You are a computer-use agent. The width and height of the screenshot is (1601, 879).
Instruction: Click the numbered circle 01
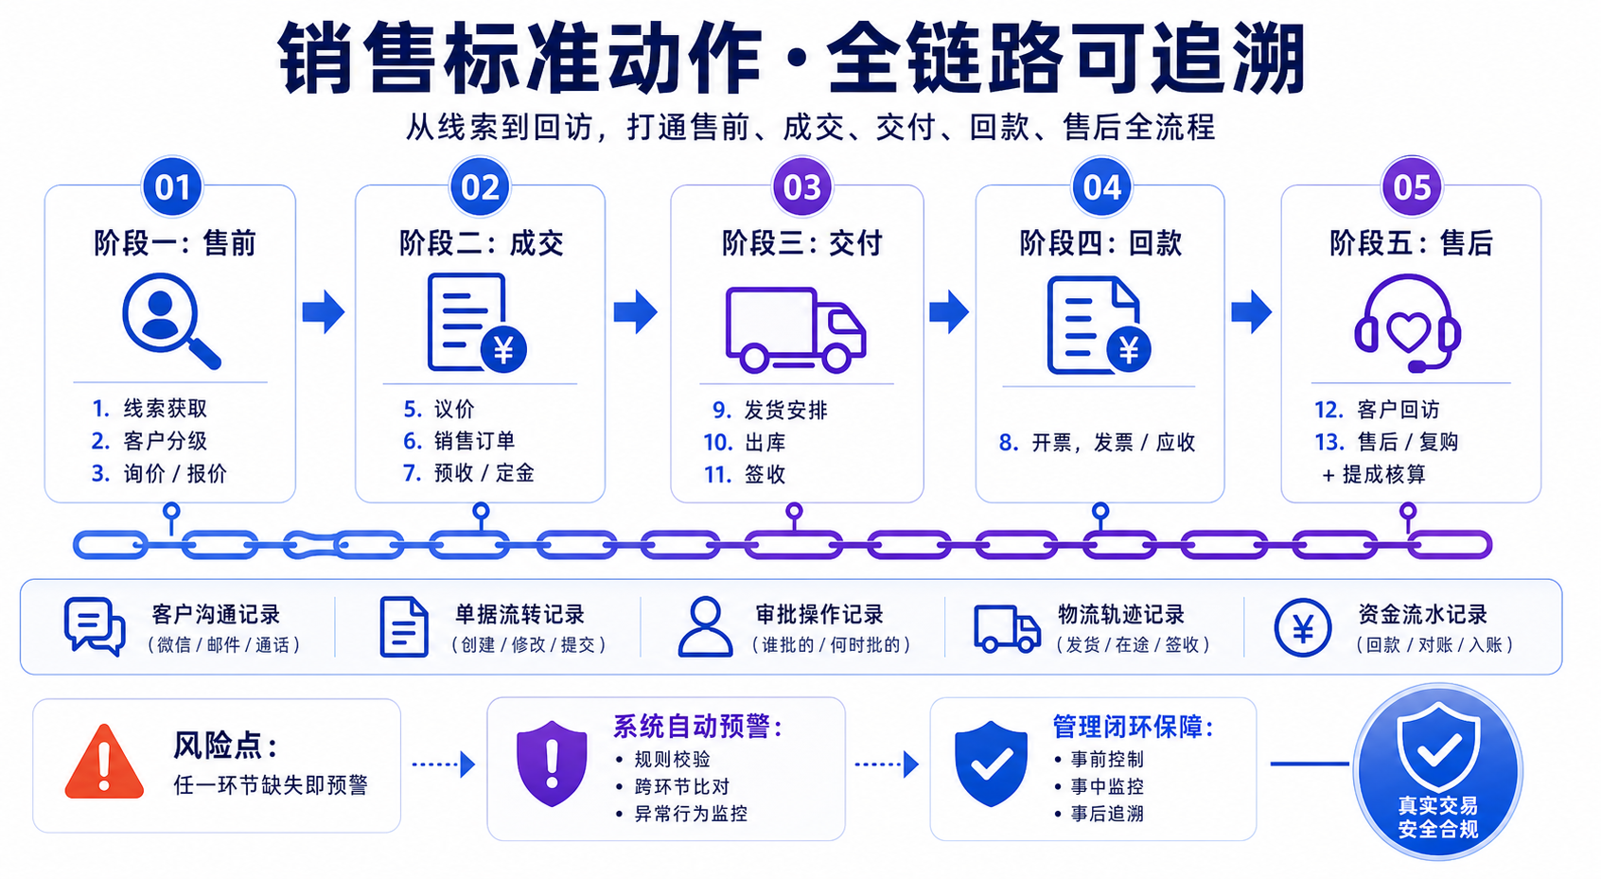pyautogui.click(x=172, y=187)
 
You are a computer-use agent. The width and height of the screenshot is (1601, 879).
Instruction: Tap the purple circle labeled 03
pyautogui.click(x=802, y=187)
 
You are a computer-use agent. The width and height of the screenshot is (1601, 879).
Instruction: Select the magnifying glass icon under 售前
pyautogui.click(x=171, y=321)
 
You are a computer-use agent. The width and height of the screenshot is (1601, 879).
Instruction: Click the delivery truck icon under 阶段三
pyautogui.click(x=796, y=329)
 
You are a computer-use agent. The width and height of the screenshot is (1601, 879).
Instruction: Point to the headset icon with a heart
pyautogui.click(x=1407, y=324)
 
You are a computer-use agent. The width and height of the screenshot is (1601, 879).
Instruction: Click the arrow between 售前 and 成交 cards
pyautogui.click(x=324, y=311)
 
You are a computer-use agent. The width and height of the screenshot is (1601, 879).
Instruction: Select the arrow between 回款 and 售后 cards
pyautogui.click(x=1252, y=311)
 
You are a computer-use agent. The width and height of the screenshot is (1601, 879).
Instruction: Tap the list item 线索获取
pyautogui.click(x=165, y=408)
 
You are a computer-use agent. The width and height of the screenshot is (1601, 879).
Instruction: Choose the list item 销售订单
pyautogui.click(x=475, y=441)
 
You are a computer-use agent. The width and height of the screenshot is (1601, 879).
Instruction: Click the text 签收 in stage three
pyautogui.click(x=765, y=475)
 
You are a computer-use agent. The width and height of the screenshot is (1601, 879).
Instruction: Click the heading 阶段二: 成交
pyautogui.click(x=481, y=243)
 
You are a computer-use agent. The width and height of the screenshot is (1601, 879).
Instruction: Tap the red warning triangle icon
pyautogui.click(x=104, y=762)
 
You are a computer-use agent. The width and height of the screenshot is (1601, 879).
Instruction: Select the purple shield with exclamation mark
pyautogui.click(x=552, y=764)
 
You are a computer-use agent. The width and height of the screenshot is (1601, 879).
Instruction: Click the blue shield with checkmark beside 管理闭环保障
pyautogui.click(x=992, y=764)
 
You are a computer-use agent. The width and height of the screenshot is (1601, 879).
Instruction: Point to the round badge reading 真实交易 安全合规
pyautogui.click(x=1437, y=772)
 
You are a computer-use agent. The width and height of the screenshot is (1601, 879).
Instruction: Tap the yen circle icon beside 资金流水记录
pyautogui.click(x=1302, y=627)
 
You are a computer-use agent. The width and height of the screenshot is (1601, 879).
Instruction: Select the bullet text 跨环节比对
pyautogui.click(x=682, y=787)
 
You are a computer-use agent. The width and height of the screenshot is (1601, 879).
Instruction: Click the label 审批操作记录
pyautogui.click(x=819, y=615)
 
